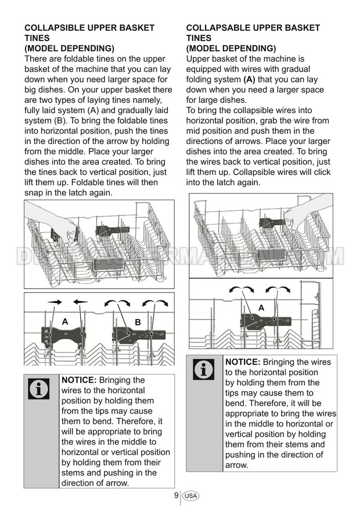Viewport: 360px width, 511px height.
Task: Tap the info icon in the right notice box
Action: click(203, 370)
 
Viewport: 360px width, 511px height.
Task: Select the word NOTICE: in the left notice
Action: click(79, 380)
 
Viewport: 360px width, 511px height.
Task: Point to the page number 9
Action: click(176, 495)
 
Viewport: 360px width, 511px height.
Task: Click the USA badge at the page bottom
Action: click(190, 496)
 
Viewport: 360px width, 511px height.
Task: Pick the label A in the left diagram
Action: click(65, 321)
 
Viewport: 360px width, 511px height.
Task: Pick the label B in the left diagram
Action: click(138, 322)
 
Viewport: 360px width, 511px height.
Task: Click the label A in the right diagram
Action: click(261, 307)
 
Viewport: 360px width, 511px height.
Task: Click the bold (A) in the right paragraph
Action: click(249, 80)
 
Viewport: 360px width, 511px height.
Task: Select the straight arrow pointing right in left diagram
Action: click(56, 302)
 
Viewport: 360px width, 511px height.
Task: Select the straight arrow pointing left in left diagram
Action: click(80, 302)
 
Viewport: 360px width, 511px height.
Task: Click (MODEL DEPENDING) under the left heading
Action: click(69, 48)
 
